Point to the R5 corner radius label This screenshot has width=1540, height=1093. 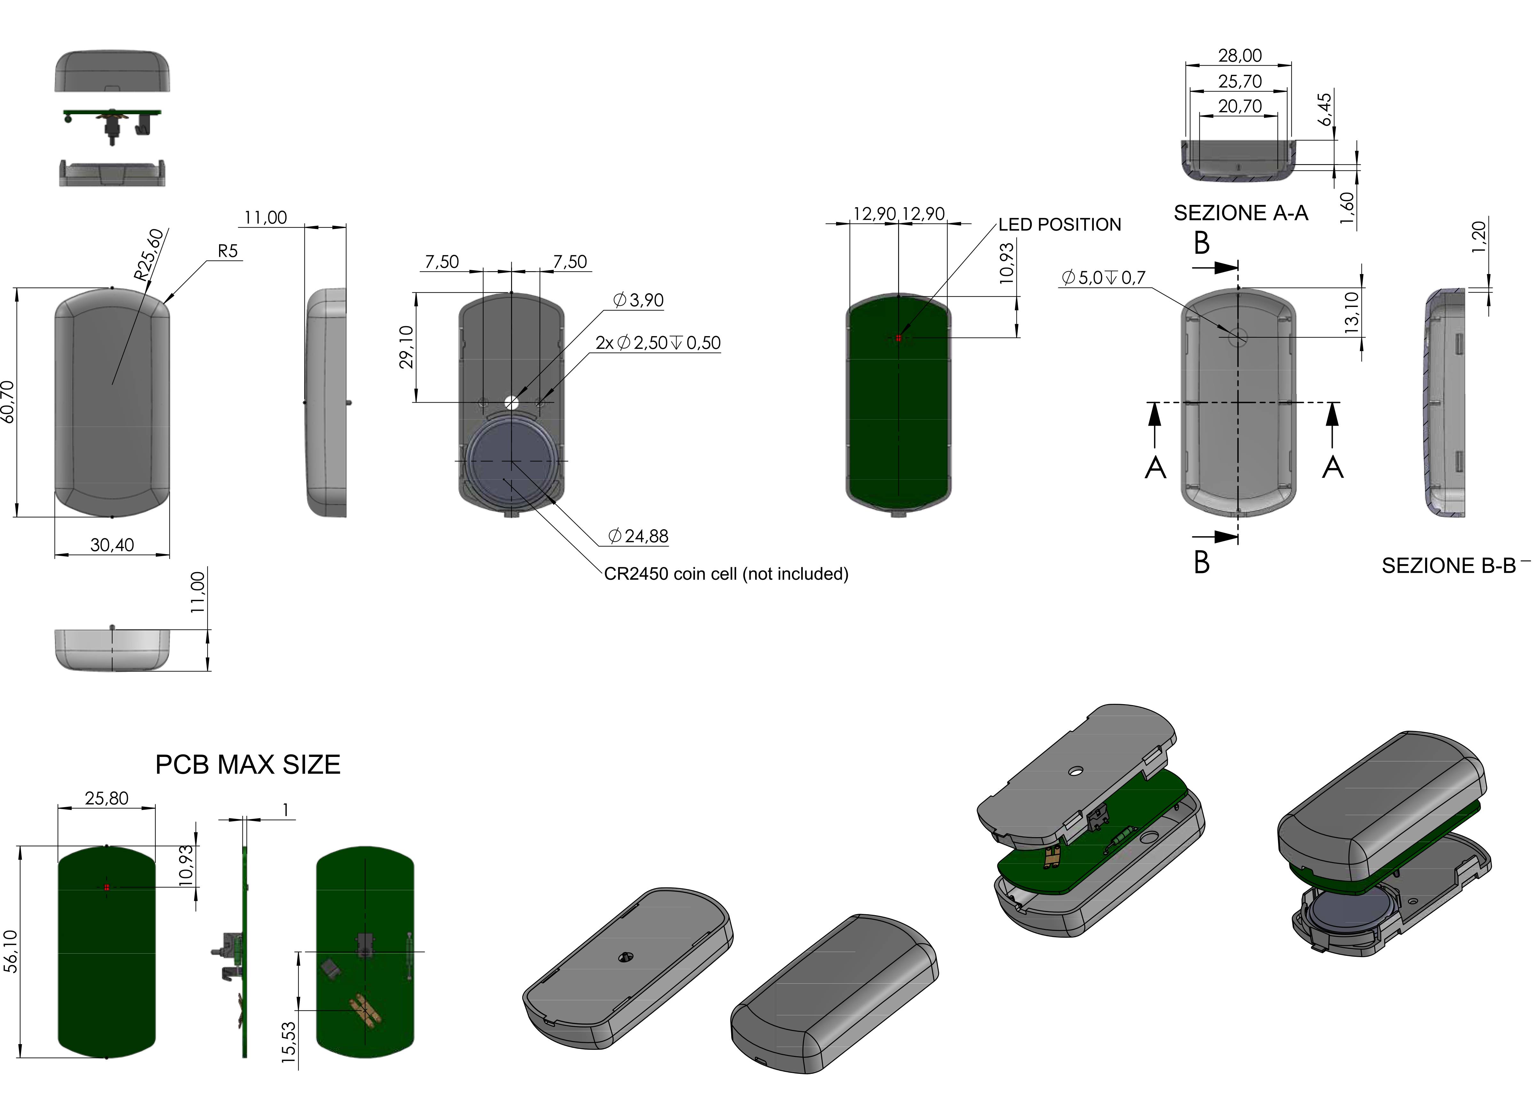228,251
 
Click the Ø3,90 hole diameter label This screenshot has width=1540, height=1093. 638,300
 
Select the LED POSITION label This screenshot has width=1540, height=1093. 1059,225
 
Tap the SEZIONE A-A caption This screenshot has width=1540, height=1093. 1241,213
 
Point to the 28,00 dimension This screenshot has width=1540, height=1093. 1240,55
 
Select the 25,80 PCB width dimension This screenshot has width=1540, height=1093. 107,798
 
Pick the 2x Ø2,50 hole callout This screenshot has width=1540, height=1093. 658,343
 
